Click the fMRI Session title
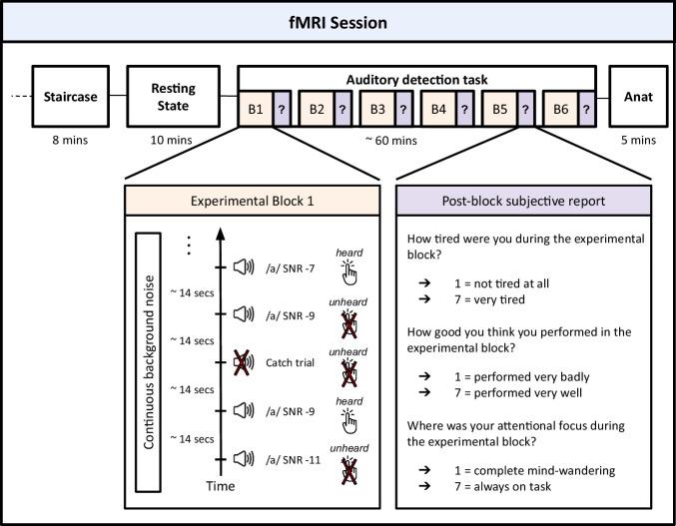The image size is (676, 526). [338, 21]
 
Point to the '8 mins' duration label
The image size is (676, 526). [69, 140]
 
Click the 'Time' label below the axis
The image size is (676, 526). [220, 486]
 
